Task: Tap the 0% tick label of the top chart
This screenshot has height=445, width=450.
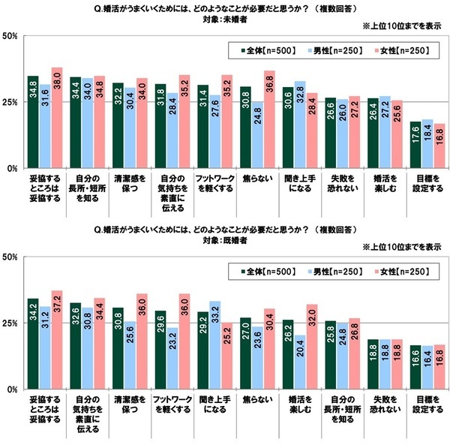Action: pos(13,169)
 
